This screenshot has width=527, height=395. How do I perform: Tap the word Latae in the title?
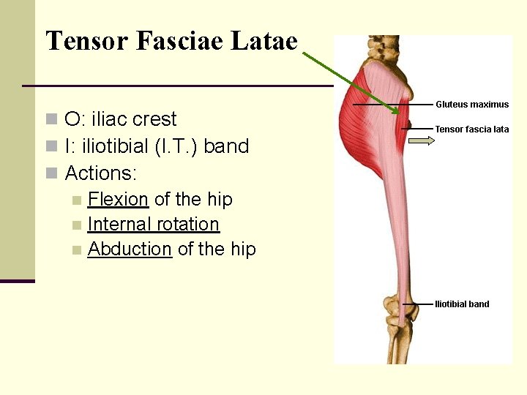[264, 41]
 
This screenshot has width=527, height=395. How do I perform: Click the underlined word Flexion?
[118, 199]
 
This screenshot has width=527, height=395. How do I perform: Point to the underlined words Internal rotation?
[153, 224]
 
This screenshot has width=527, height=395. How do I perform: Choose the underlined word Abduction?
[130, 249]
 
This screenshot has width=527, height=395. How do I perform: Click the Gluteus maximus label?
[472, 105]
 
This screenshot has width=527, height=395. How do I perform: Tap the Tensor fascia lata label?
[471, 129]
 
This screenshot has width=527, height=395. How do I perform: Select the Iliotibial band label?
[462, 304]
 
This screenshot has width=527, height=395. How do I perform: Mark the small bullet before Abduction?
[77, 250]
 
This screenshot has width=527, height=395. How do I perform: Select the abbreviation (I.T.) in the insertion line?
[176, 146]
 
